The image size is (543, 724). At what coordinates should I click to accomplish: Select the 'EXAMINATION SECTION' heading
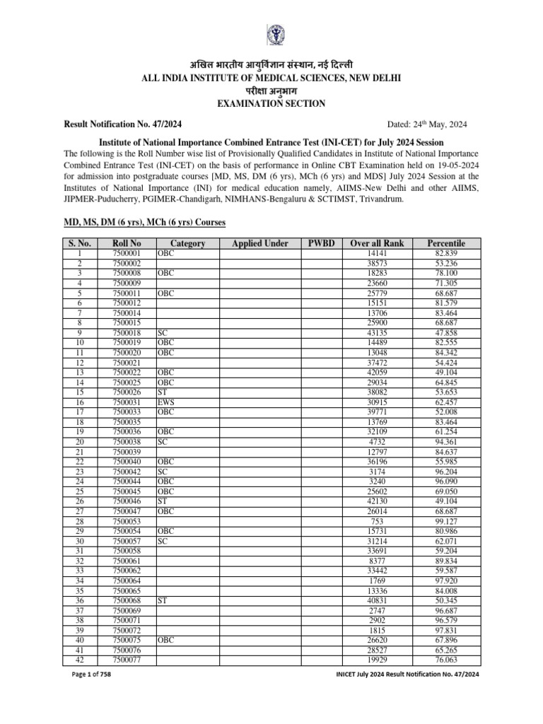click(271, 103)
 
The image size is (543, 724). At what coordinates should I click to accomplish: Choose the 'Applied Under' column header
click(259, 243)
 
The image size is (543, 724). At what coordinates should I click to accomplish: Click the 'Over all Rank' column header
click(377, 243)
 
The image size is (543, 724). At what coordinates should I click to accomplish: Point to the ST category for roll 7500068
click(163, 600)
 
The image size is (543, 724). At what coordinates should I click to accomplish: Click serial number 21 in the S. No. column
click(80, 451)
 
